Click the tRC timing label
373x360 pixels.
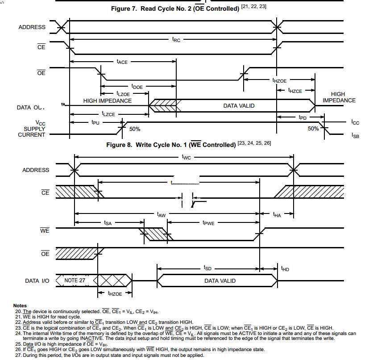[x=177, y=40]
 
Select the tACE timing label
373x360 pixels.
[x=122, y=62]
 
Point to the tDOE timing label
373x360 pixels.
[x=137, y=87]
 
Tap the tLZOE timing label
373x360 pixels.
[x=123, y=94]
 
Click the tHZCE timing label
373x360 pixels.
[x=295, y=91]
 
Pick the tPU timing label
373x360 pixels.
[x=95, y=121]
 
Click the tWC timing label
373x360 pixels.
[x=186, y=157]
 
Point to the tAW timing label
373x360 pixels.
[x=162, y=215]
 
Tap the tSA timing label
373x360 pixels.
[x=108, y=222]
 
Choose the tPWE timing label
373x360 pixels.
[x=208, y=222]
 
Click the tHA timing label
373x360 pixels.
[x=277, y=215]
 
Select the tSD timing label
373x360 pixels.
[x=207, y=268]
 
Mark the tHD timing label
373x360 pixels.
[x=285, y=269]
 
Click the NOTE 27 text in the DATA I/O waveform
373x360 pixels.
[x=75, y=280]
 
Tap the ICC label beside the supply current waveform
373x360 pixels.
[x=355, y=122]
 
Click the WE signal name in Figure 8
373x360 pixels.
[x=45, y=231]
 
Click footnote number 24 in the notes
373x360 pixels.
[x=18, y=333]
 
